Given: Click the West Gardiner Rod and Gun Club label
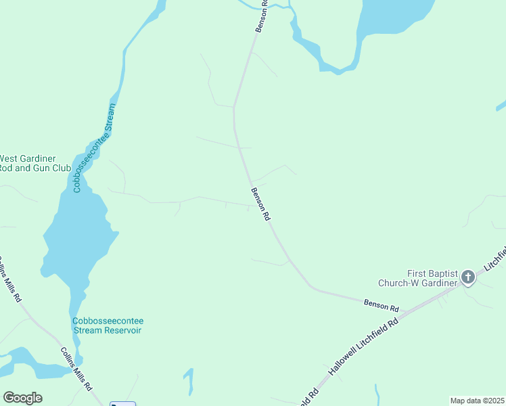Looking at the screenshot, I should [27, 162].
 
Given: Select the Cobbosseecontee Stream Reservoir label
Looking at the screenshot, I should [107, 325].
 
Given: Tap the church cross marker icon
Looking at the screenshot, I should [467, 277].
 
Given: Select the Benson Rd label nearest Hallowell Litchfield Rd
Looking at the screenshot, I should [381, 305].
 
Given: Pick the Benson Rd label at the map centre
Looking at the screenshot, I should [261, 205].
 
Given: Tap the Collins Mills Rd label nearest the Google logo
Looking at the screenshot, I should [76, 369].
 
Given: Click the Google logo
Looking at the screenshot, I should [22, 398].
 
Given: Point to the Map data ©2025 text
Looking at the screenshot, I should [477, 400].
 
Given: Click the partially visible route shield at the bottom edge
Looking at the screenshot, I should [122, 403].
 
